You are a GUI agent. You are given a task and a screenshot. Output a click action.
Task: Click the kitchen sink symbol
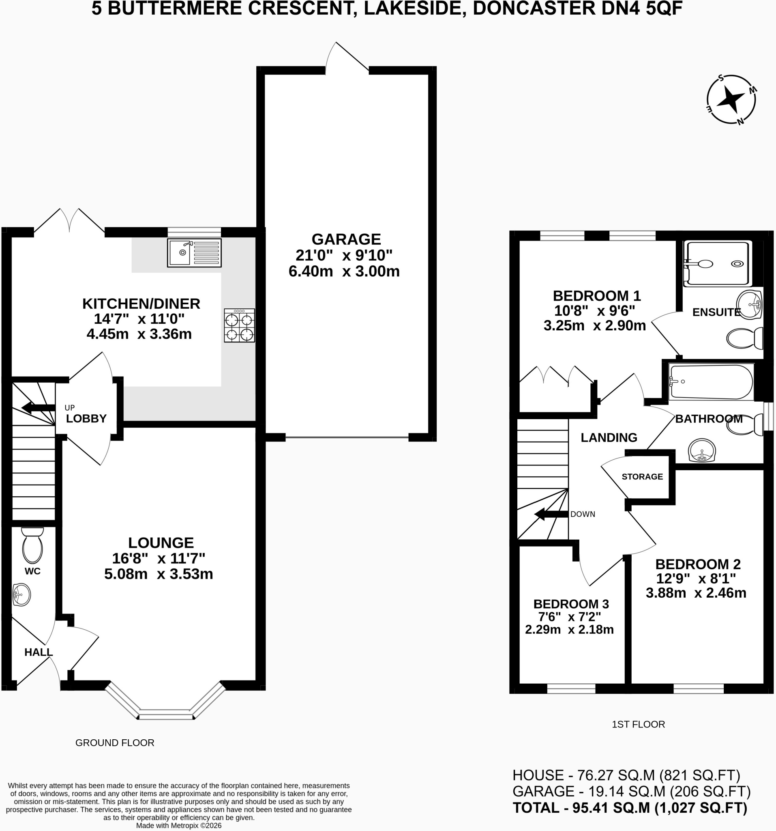[194, 253]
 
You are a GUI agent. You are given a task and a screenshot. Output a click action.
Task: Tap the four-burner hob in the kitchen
[239, 326]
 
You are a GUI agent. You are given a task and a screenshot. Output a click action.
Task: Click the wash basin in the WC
[21, 595]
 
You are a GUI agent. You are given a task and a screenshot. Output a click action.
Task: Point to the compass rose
[731, 100]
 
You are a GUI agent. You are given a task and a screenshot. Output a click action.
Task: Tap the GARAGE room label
[346, 239]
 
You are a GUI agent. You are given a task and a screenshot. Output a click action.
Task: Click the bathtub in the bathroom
[710, 382]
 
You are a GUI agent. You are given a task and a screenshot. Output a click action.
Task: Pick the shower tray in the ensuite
[718, 263]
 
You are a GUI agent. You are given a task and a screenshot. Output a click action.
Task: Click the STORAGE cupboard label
[642, 476]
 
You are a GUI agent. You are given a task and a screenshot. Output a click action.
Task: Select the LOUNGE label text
[161, 543]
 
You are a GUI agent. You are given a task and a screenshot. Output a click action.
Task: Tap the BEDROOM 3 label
[571, 604]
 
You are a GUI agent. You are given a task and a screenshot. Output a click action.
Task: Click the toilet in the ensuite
[745, 338]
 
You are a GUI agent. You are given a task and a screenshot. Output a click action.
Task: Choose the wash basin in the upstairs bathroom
[702, 450]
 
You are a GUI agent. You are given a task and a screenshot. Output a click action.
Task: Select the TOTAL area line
[630, 807]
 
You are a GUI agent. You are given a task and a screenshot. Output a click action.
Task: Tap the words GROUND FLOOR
[115, 743]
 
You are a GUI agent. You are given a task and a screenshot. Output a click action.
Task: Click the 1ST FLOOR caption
[638, 724]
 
